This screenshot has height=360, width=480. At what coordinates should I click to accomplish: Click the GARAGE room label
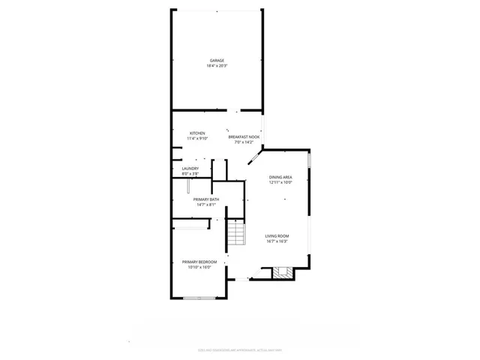tap(217, 61)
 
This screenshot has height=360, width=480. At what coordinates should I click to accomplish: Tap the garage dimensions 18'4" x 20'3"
tap(217, 66)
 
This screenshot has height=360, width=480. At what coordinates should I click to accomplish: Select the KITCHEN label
tap(197, 133)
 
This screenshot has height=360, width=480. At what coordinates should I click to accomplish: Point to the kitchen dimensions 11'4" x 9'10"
tap(197, 139)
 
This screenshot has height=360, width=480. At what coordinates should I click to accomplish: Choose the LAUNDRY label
tap(190, 169)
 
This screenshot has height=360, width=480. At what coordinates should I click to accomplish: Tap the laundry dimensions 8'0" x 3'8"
tap(190, 174)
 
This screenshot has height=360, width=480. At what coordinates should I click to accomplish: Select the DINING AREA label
tap(280, 177)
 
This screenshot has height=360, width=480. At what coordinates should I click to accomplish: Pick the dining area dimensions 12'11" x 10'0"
tap(280, 182)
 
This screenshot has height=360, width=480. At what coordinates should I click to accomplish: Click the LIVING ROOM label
tap(277, 236)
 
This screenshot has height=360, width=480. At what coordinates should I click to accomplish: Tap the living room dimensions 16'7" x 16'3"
tap(277, 241)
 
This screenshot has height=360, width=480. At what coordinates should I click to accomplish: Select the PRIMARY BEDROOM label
tap(199, 262)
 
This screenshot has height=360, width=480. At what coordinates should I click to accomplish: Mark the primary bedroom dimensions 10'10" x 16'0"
tap(199, 267)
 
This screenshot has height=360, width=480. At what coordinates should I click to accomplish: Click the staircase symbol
tap(236, 235)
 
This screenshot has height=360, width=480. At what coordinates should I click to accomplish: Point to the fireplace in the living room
tap(282, 272)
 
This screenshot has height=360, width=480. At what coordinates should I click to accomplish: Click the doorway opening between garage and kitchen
tap(238, 111)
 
